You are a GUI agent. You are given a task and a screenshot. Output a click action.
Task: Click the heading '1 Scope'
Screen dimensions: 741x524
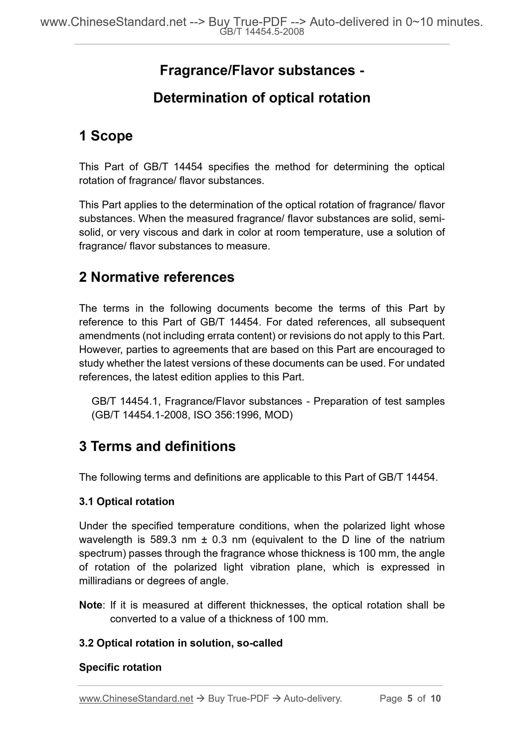(x=106, y=136)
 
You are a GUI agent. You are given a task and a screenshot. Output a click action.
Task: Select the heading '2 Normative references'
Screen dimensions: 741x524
(x=157, y=277)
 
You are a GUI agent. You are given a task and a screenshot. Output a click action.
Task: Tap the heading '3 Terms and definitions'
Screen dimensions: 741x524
(x=157, y=446)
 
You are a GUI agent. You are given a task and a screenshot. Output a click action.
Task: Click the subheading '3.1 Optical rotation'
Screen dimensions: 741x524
(x=127, y=501)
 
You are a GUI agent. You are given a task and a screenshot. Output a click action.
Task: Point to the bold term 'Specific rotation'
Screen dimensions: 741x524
(x=120, y=667)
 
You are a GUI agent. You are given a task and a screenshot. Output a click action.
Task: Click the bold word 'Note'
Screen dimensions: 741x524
(x=91, y=605)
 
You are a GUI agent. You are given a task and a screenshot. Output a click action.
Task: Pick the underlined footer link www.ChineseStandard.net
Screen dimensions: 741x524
(x=136, y=699)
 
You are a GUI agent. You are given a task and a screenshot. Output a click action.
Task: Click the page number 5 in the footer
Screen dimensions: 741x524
(x=410, y=699)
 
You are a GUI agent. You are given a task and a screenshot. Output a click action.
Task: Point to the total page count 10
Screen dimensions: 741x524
(x=436, y=699)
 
